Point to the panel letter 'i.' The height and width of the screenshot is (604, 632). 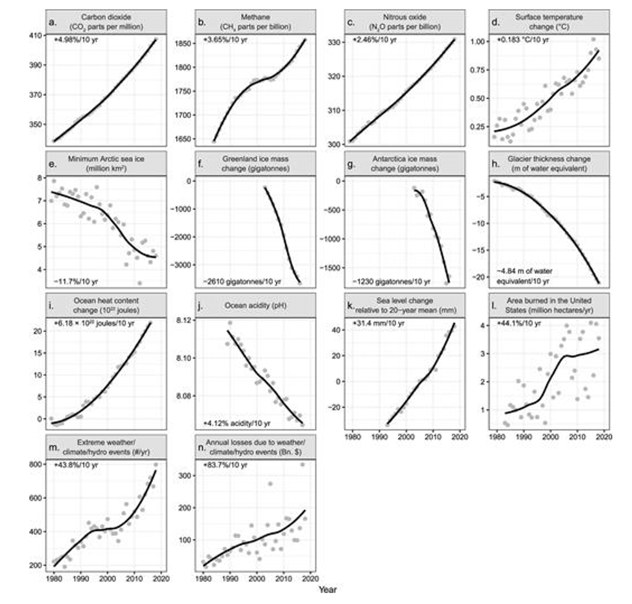51,306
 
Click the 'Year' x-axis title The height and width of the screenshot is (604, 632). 327,589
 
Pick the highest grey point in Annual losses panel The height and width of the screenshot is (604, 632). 302,464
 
